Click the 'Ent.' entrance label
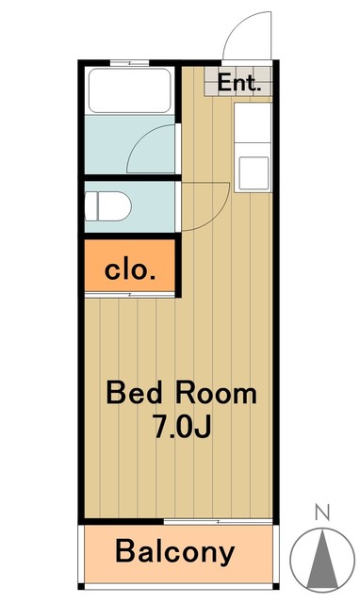[x=238, y=83]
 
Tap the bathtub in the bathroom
[x=130, y=90]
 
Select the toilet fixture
[x=108, y=206]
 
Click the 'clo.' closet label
[x=130, y=270]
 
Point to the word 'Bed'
[x=134, y=392]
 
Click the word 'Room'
[x=216, y=392]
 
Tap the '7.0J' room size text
[x=182, y=426]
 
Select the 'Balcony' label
[x=175, y=552]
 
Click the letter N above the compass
[x=322, y=513]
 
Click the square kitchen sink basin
[x=254, y=173]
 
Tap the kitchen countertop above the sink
[x=253, y=122]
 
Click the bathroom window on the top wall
[x=130, y=63]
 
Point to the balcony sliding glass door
[x=218, y=521]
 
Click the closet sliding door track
[x=130, y=295]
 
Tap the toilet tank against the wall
[x=91, y=206]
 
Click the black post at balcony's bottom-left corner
[x=81, y=586]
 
